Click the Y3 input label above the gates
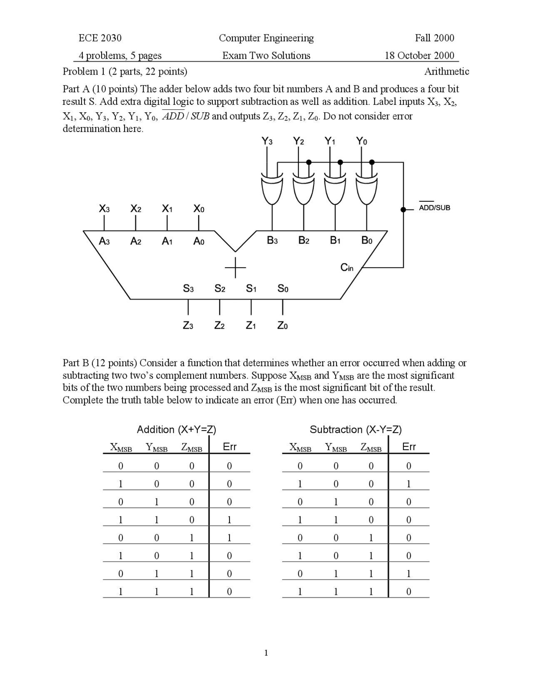267,141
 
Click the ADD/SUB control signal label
434,208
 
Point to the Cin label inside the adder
346,268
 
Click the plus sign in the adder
235,267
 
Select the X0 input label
199,209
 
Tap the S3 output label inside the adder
188,288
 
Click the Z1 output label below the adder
251,326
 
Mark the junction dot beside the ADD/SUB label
403,210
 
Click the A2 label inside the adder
136,241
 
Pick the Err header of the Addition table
229,447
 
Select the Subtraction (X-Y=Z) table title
356,429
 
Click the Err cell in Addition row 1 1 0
229,520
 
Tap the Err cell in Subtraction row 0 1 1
408,574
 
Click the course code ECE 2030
100,38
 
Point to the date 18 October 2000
419,56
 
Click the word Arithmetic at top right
446,72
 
